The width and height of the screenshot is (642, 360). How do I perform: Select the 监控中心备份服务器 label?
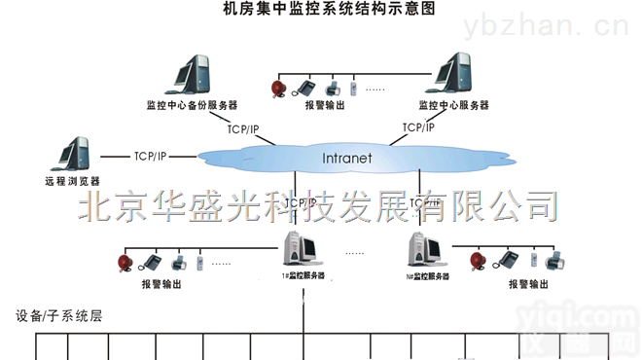pos(192,105)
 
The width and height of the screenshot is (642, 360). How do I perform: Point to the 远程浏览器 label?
pos(72,180)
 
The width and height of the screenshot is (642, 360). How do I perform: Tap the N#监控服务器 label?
pos(427,277)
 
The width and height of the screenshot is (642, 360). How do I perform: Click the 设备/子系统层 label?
pos(59,317)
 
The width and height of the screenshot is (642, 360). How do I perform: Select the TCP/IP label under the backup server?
pos(243,129)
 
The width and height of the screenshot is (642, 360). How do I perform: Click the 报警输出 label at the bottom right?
pos(528,286)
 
